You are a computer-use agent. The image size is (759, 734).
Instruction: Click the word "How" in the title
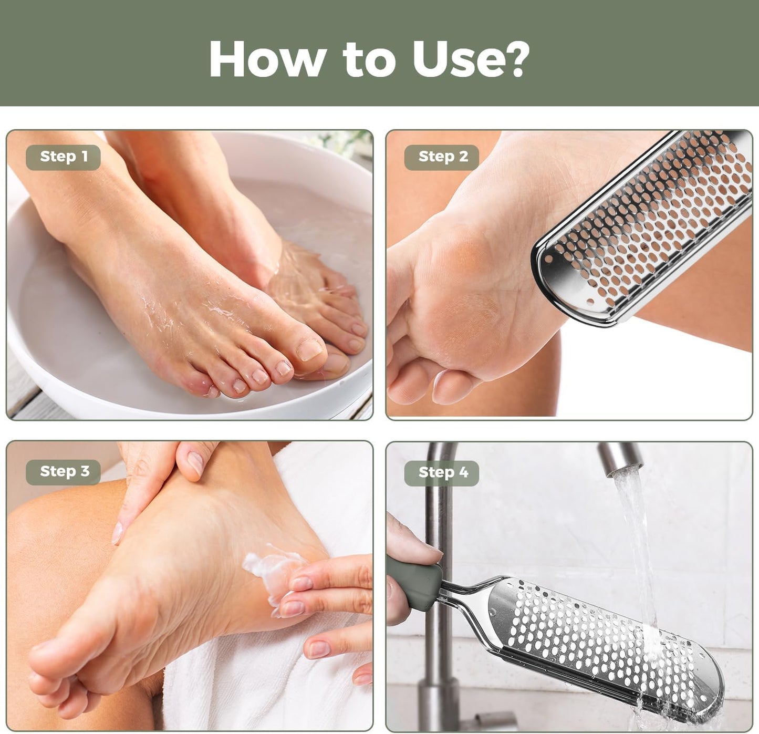tap(267, 59)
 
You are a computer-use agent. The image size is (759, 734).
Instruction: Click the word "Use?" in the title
tap(470, 59)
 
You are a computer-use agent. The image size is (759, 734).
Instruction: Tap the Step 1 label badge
tap(63, 157)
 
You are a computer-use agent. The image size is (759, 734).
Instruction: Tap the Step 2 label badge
tap(442, 157)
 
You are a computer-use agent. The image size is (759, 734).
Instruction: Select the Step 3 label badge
tap(63, 472)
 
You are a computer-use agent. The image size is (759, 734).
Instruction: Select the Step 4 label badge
tap(442, 473)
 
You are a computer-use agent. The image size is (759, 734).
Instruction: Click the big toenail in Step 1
tap(310, 348)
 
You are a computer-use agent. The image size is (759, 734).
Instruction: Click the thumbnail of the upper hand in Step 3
tap(195, 462)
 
